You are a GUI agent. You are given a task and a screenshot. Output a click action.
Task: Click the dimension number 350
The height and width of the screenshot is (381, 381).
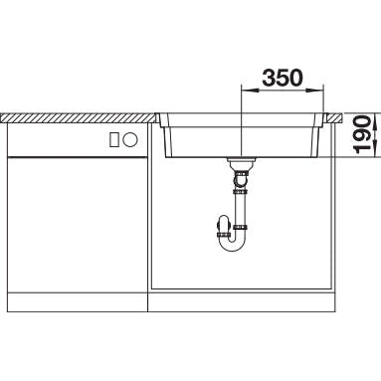tap(283, 78)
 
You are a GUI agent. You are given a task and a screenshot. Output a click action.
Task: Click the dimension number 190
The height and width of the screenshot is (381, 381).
tap(362, 134)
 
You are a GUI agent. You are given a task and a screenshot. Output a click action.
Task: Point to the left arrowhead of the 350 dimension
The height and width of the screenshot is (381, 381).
tap(250, 90)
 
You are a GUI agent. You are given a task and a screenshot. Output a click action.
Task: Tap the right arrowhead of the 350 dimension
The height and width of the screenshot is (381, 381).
tap(314, 90)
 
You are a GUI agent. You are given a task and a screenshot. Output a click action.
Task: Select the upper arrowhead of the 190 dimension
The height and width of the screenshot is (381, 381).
tap(375, 121)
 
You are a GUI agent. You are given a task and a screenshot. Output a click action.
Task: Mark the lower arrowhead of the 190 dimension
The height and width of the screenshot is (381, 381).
tap(375, 148)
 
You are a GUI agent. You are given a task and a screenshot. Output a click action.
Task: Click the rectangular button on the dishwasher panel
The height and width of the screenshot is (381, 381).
tap(114, 139)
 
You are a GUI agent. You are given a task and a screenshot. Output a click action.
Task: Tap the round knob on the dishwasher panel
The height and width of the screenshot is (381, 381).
tap(130, 139)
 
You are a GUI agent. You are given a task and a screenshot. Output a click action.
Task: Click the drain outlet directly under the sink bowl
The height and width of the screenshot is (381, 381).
tap(241, 161)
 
